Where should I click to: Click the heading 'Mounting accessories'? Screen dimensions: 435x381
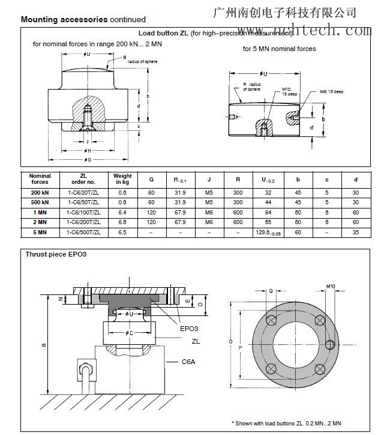pyautogui.click(x=64, y=19)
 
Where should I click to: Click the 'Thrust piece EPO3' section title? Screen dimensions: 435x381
pyautogui.click(x=56, y=254)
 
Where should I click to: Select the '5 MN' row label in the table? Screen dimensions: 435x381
pyautogui.click(x=40, y=231)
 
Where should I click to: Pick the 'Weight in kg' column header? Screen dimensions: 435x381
pyautogui.click(x=122, y=179)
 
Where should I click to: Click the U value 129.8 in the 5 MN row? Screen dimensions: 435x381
pyautogui.click(x=265, y=231)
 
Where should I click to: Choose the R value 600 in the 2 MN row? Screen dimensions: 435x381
pyautogui.click(x=238, y=222)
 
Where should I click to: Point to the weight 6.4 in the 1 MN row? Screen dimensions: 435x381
pyautogui.click(x=122, y=212)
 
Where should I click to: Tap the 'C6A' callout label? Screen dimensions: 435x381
pyautogui.click(x=190, y=362)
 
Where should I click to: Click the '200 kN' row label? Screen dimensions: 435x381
pyautogui.click(x=40, y=192)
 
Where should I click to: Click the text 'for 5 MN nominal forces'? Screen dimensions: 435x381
pyautogui.click(x=279, y=49)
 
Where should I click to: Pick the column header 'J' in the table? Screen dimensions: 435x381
pyautogui.click(x=209, y=179)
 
